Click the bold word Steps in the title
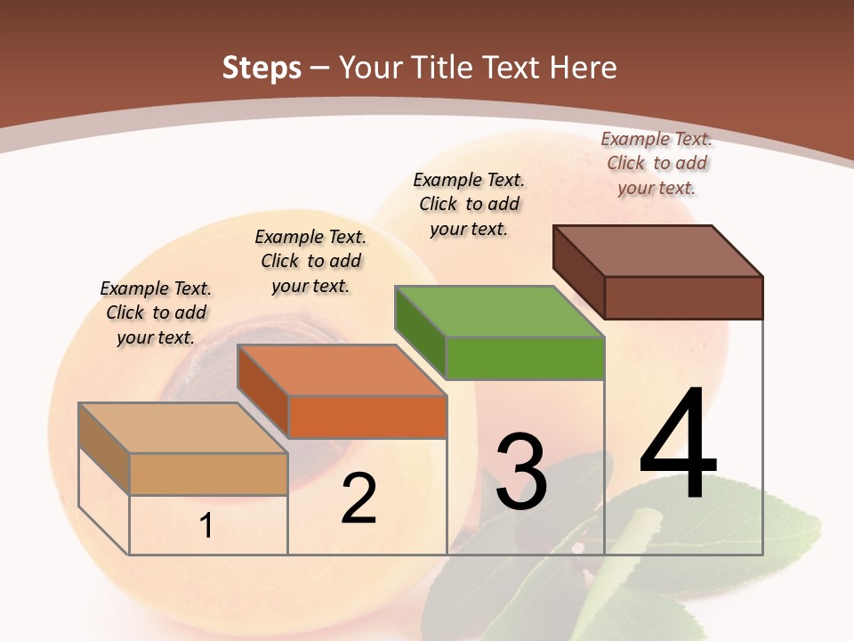(x=262, y=68)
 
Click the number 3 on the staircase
(x=521, y=472)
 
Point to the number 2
(x=359, y=499)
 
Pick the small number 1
(x=206, y=526)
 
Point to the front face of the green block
(x=525, y=358)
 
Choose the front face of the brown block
(x=683, y=297)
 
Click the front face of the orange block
(x=367, y=417)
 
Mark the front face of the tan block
(x=208, y=474)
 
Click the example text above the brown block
(x=657, y=163)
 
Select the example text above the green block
(x=469, y=204)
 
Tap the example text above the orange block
(x=310, y=261)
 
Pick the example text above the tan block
(x=156, y=312)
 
